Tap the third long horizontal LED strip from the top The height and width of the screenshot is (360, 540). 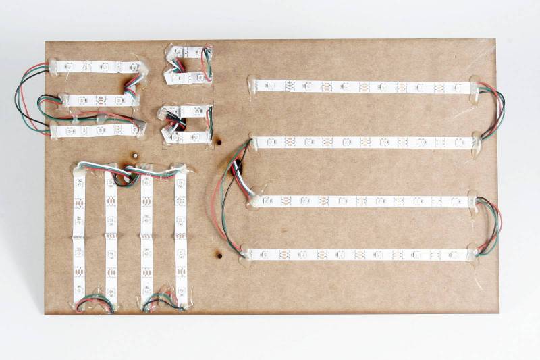tap(361, 201)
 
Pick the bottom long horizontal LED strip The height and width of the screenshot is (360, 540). tap(358, 255)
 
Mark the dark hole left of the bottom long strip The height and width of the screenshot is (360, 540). tap(219, 255)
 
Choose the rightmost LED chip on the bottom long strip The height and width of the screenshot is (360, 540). tap(448, 254)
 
